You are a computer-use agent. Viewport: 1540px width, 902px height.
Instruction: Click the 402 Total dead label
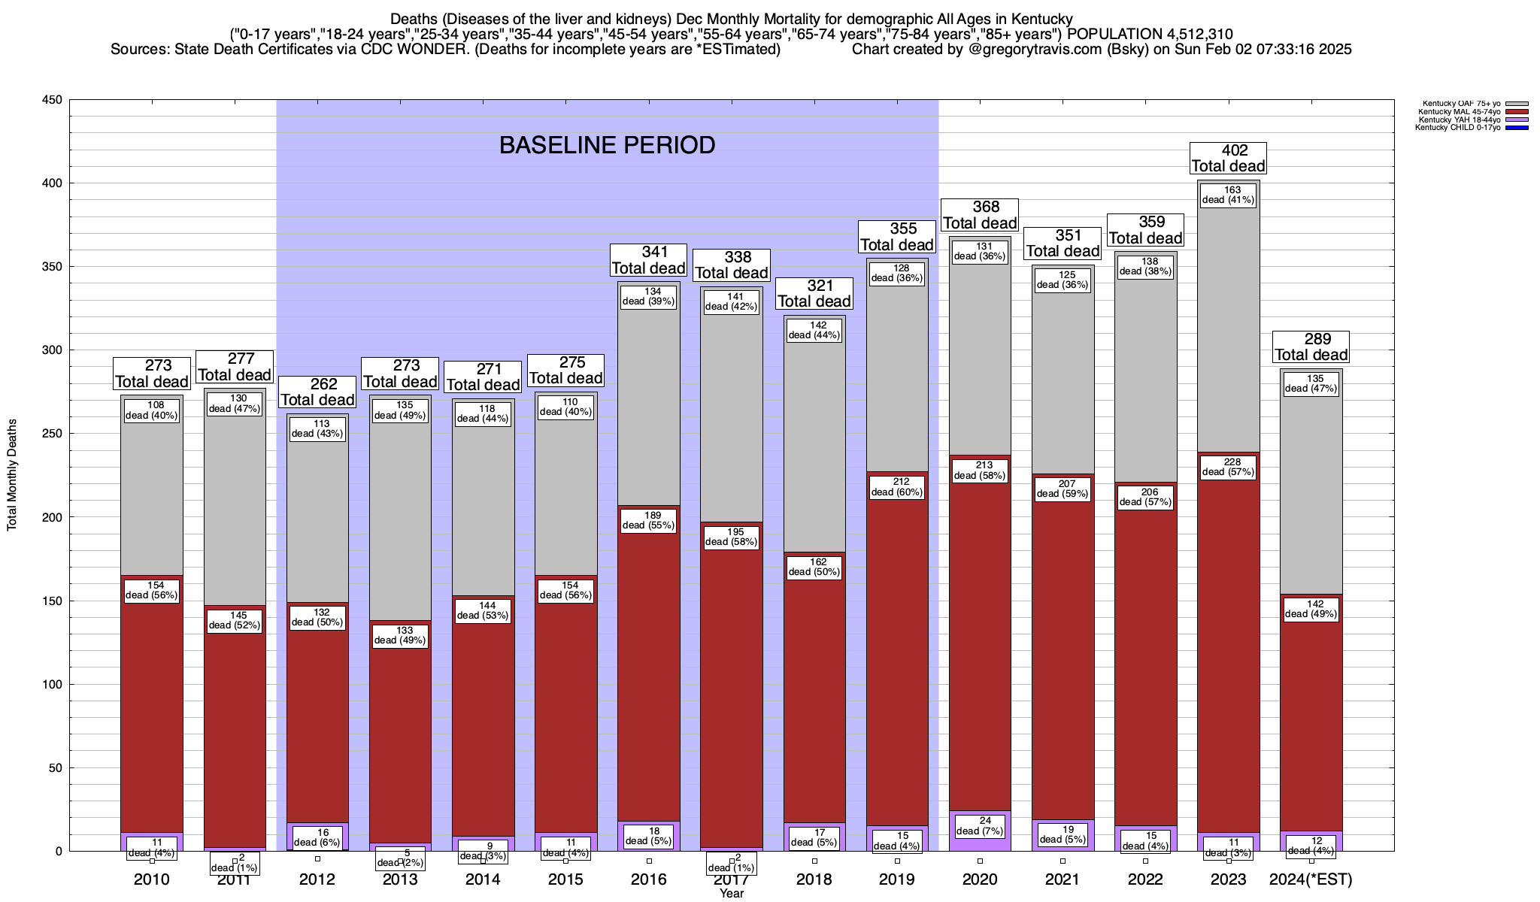pyautogui.click(x=1229, y=159)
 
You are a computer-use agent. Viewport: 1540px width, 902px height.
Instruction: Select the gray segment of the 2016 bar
pyautogui.click(x=649, y=406)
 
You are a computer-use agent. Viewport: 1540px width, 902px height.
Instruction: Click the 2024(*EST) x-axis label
pyautogui.click(x=1311, y=879)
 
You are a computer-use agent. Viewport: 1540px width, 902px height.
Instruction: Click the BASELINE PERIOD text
pyautogui.click(x=608, y=145)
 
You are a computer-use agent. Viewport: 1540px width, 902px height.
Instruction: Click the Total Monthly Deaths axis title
pyautogui.click(x=12, y=475)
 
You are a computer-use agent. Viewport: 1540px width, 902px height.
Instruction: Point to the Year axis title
pyautogui.click(x=731, y=894)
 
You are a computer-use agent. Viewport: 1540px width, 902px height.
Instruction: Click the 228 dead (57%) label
pyautogui.click(x=1229, y=468)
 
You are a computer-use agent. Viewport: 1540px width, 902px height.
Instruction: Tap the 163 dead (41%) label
pyautogui.click(x=1229, y=195)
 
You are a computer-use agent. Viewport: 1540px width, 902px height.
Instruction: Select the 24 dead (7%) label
pyautogui.click(x=980, y=826)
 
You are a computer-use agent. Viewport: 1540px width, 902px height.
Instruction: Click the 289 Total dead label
pyautogui.click(x=1311, y=347)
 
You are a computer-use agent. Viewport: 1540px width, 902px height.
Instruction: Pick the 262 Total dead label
pyautogui.click(x=317, y=392)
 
